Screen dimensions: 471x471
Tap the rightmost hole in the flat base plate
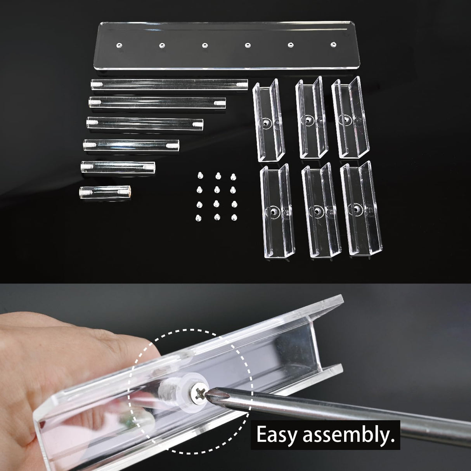click(x=332, y=45)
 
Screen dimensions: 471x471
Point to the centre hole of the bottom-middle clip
click(x=318, y=211)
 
